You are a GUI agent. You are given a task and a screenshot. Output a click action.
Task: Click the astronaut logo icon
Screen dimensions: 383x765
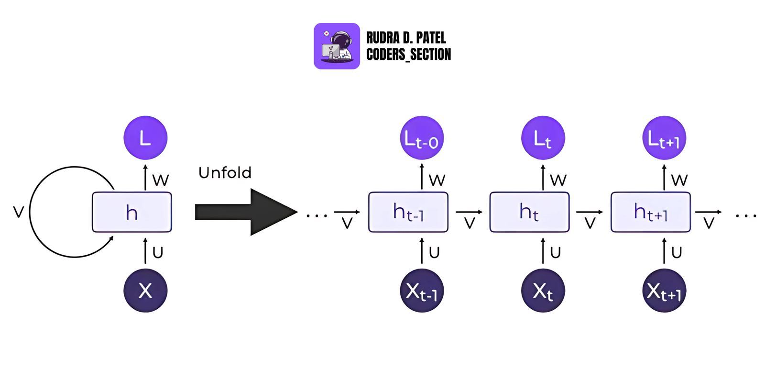pyautogui.click(x=337, y=46)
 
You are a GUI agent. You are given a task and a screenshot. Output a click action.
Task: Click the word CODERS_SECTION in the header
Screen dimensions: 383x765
pyautogui.click(x=408, y=55)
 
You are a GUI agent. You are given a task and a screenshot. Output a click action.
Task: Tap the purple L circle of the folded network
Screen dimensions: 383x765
pyautogui.click(x=145, y=138)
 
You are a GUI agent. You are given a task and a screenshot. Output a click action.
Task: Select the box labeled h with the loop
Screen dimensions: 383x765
pyautogui.click(x=132, y=212)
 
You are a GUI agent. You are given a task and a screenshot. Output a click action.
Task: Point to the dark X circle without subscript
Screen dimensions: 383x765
pyautogui.click(x=145, y=291)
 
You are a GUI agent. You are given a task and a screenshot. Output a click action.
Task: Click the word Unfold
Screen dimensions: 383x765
pyautogui.click(x=225, y=172)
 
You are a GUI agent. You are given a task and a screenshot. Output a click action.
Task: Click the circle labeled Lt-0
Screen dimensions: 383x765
pyautogui.click(x=422, y=138)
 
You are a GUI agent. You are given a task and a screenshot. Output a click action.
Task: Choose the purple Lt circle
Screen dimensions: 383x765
pyautogui.click(x=543, y=138)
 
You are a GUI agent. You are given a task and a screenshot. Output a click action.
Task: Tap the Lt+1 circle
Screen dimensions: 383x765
pyautogui.click(x=664, y=138)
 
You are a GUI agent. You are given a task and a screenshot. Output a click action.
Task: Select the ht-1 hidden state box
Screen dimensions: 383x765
pyautogui.click(x=408, y=212)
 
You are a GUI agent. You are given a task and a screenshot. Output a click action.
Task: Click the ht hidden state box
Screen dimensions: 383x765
pyautogui.click(x=529, y=212)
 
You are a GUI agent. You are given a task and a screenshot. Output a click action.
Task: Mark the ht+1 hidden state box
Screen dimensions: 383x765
pyautogui.click(x=651, y=212)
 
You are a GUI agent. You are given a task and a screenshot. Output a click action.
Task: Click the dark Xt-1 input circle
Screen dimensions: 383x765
pyautogui.click(x=422, y=291)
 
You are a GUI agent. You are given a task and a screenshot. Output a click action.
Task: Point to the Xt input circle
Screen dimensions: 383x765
pyautogui.click(x=543, y=291)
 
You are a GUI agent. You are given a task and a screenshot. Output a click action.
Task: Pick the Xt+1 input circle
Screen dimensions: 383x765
pyautogui.click(x=664, y=291)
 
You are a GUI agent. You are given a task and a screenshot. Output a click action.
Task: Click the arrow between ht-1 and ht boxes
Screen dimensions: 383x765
pyautogui.click(x=469, y=212)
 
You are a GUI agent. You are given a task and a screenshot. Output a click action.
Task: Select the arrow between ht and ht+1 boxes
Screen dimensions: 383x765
pyautogui.click(x=590, y=212)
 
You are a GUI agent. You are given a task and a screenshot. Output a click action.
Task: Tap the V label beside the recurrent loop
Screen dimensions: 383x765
pyautogui.click(x=18, y=212)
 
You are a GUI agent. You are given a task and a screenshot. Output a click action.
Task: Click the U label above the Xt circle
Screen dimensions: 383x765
pyautogui.click(x=555, y=252)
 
